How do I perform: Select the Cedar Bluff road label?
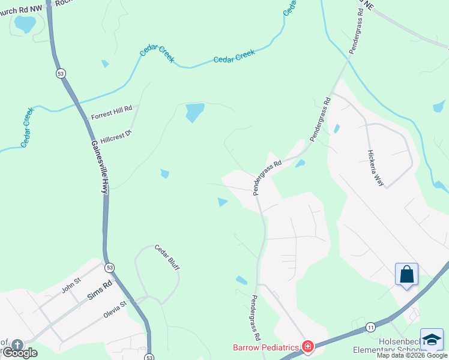pyautogui.click(x=167, y=257)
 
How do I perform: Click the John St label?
pyautogui.click(x=71, y=288)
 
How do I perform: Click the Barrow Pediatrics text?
pyautogui.click(x=266, y=347)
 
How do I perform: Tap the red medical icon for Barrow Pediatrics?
pyautogui.click(x=308, y=346)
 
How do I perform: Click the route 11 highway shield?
pyautogui.click(x=370, y=327)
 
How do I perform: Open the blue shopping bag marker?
pyautogui.click(x=406, y=274)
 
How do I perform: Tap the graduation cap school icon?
pyautogui.click(x=432, y=340)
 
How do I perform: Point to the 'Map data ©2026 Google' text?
pyautogui.click(x=412, y=356)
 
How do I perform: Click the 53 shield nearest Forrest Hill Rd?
pyautogui.click(x=61, y=73)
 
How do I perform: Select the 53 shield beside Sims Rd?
pyautogui.click(x=109, y=267)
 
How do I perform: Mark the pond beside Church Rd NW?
pyautogui.click(x=25, y=25)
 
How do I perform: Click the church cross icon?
pyautogui.click(x=17, y=345)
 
